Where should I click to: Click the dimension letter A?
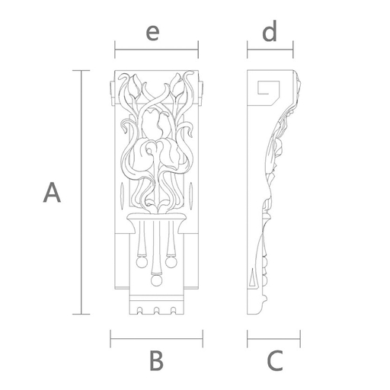coord(52,192)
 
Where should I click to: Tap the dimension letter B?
coord(156,360)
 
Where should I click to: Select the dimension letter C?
coord(275,360)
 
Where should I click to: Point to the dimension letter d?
coord(270,31)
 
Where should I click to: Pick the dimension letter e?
coord(152,33)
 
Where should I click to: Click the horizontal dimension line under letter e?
coord(156,50)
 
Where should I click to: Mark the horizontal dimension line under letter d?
coord(270,50)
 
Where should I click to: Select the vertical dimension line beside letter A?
coord(82,192)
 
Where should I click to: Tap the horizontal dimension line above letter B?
coord(156,339)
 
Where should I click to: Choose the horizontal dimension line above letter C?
coord(273,339)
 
